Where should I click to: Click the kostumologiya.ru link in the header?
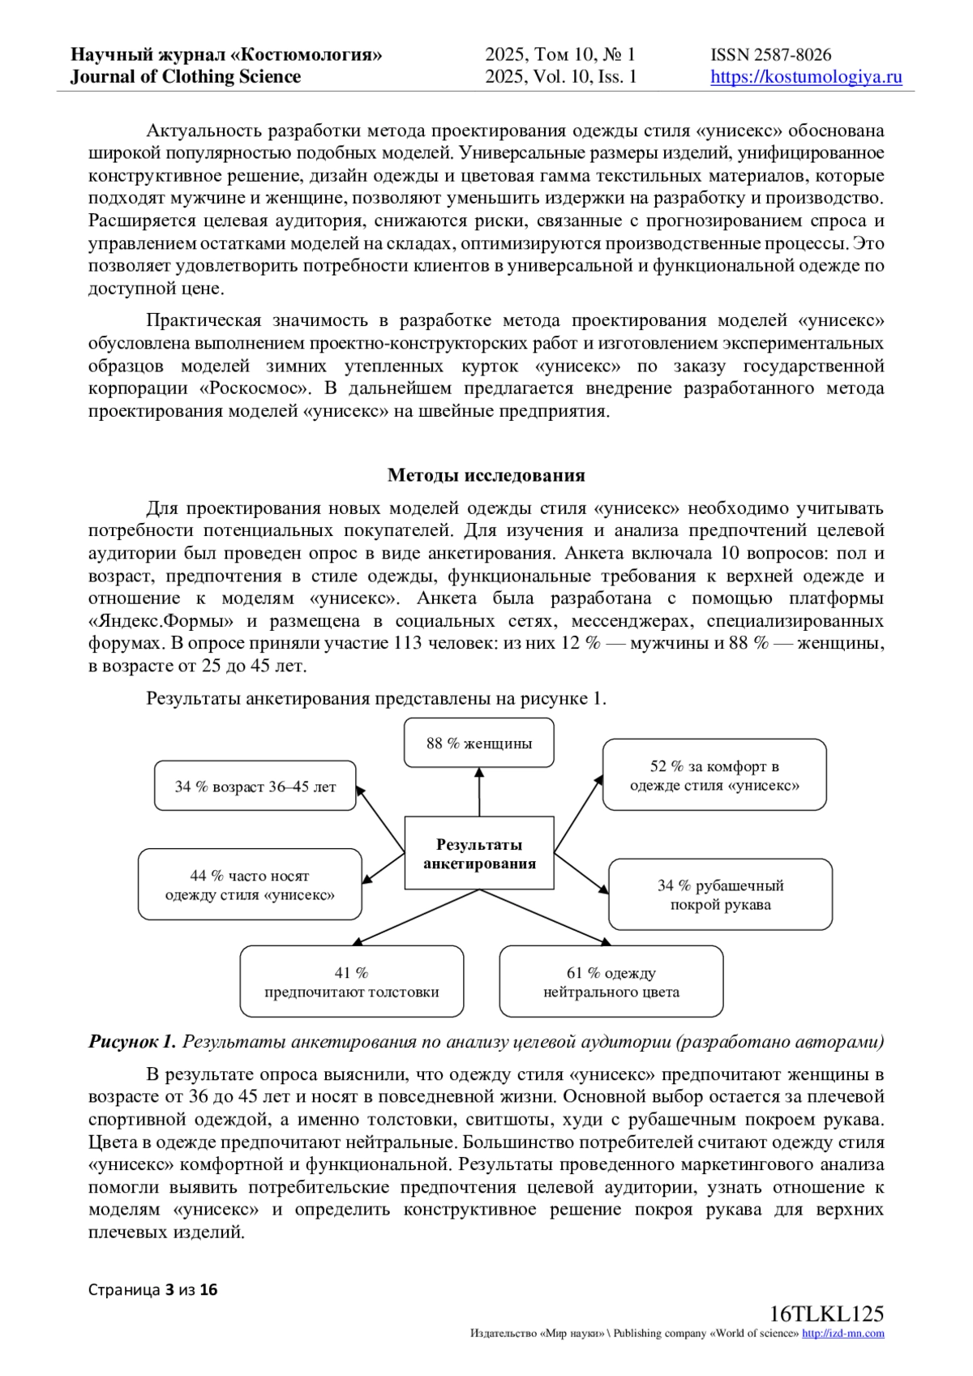pyautogui.click(x=806, y=77)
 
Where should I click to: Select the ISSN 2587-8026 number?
pyautogui.click(x=770, y=55)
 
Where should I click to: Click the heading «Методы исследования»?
pyautogui.click(x=486, y=475)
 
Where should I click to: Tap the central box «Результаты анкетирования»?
pyautogui.click(x=479, y=854)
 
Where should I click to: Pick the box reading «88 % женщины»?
pyautogui.click(x=479, y=743)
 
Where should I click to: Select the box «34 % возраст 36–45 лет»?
pyautogui.click(x=255, y=787)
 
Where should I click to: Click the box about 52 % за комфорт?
pyautogui.click(x=714, y=775)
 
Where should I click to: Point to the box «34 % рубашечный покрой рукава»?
pyautogui.click(x=720, y=895)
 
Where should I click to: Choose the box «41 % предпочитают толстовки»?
pyautogui.click(x=352, y=982)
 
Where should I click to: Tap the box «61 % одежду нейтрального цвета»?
pyautogui.click(x=611, y=982)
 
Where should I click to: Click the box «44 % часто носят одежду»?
pyautogui.click(x=250, y=885)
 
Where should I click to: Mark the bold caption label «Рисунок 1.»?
pyautogui.click(x=132, y=1042)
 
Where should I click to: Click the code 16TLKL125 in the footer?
pyautogui.click(x=826, y=1314)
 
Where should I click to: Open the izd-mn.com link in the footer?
pyautogui.click(x=842, y=1334)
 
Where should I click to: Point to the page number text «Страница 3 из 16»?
pyautogui.click(x=153, y=1290)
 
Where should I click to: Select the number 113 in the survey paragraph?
pyautogui.click(x=409, y=644)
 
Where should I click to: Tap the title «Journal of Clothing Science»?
pyautogui.click(x=186, y=77)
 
